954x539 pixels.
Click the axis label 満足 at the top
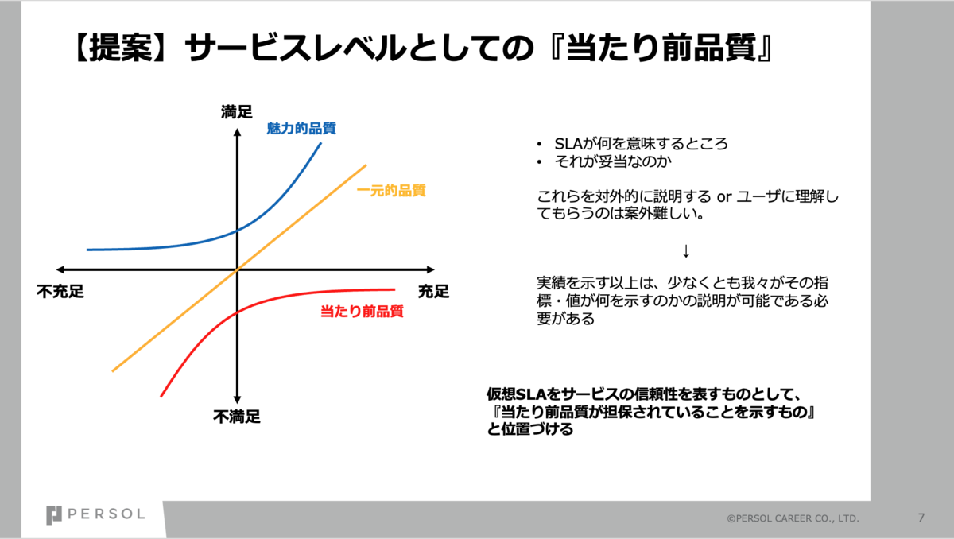point(237,112)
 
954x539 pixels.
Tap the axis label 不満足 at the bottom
point(237,417)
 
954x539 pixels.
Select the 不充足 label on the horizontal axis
point(60,292)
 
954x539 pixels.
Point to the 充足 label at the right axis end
point(433,292)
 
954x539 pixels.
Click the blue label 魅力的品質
point(301,128)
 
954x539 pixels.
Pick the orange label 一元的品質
point(391,190)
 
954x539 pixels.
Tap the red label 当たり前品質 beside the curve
point(362,311)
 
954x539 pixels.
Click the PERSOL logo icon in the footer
point(54,516)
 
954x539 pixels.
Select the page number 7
point(921,518)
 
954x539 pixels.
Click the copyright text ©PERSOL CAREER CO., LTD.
point(793,518)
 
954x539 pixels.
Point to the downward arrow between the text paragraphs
point(685,250)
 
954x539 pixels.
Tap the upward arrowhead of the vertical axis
point(237,133)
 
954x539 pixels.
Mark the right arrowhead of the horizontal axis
point(431,269)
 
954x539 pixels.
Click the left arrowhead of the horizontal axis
point(60,269)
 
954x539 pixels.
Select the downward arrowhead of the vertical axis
point(237,399)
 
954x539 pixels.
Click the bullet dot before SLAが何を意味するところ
point(540,145)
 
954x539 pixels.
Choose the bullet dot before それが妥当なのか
point(540,162)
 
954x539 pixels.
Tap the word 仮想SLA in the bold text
point(517,394)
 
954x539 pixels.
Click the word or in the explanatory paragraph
point(724,196)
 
